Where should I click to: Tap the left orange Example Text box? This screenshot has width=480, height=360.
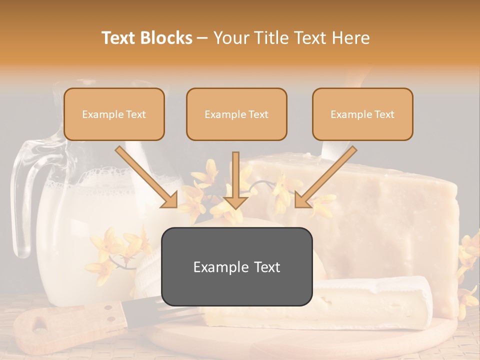tap(114, 114)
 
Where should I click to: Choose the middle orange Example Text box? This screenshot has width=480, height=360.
tap(236, 114)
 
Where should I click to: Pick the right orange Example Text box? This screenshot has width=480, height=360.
tap(362, 114)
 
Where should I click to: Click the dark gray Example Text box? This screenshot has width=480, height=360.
tap(236, 266)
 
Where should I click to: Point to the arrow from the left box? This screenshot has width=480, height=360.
tap(146, 176)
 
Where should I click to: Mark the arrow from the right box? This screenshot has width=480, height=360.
tap(326, 176)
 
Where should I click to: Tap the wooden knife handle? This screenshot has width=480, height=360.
tap(70, 320)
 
